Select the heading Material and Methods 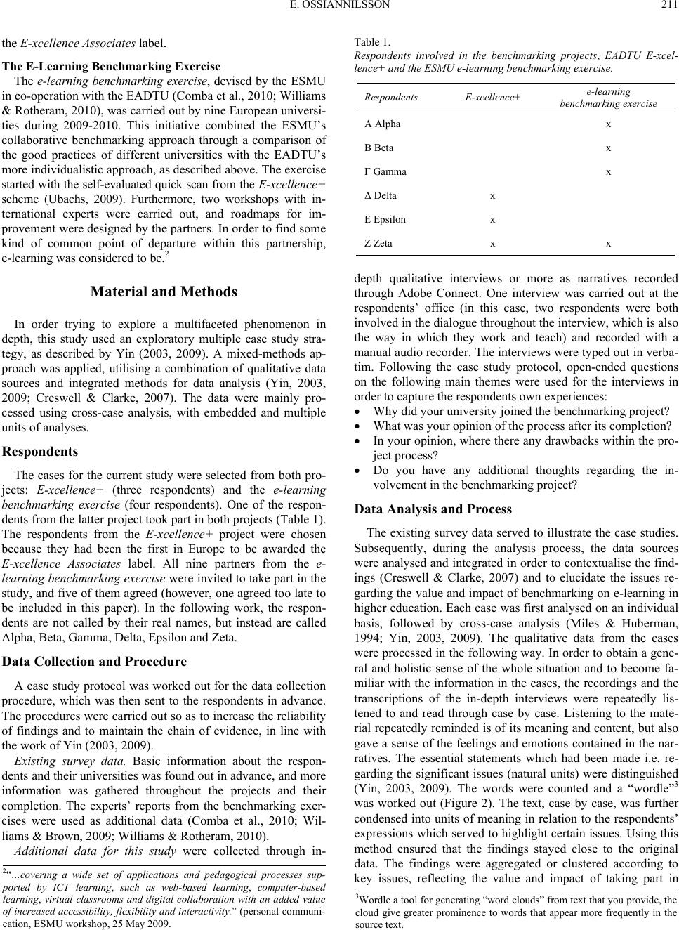[164, 292]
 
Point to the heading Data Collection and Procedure [95, 662]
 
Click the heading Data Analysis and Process [433, 509]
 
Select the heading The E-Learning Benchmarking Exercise [112, 67]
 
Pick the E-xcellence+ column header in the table [492, 98]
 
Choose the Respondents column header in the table [390, 98]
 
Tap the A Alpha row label [383, 124]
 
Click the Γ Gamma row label [385, 172]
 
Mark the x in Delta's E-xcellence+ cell [492, 196]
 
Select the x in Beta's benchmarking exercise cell [608, 148]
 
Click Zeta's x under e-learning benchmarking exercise [608, 244]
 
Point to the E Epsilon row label [385, 220]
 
